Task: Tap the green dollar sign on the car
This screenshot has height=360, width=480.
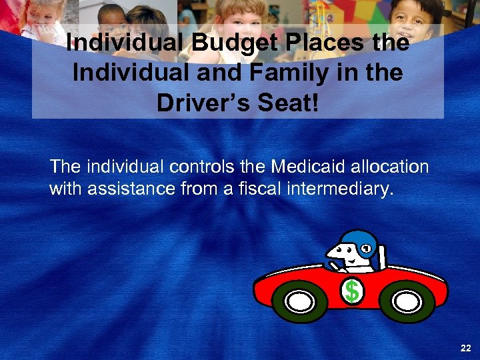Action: pos(352,291)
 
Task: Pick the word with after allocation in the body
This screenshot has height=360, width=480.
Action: pos(64,189)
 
